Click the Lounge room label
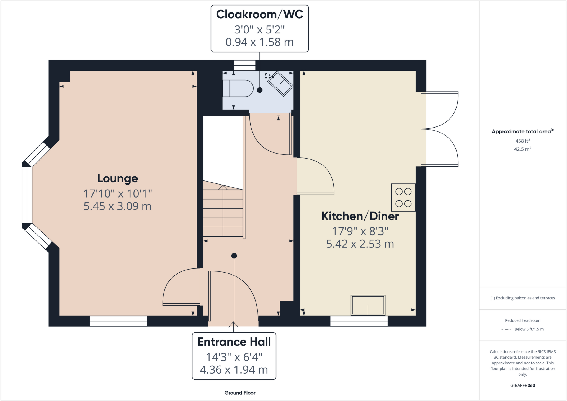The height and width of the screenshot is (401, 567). click(x=117, y=178)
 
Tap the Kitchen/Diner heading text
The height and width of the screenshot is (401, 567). click(x=360, y=216)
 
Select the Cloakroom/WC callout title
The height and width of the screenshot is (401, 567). click(x=259, y=14)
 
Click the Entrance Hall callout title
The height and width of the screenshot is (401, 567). click(x=234, y=342)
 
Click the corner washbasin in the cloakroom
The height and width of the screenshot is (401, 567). click(x=280, y=83)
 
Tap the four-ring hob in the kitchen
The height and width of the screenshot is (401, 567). click(x=403, y=198)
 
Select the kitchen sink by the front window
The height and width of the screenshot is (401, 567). click(x=368, y=305)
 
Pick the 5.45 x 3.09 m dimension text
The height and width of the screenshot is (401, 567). click(x=117, y=206)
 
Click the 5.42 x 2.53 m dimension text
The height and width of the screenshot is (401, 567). click(x=360, y=244)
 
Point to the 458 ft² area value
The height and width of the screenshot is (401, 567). click(x=522, y=141)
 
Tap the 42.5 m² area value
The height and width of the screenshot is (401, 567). click(x=522, y=149)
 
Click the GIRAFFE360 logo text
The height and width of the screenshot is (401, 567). click(x=522, y=386)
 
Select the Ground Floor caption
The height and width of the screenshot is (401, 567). click(x=240, y=393)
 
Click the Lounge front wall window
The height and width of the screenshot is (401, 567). click(x=118, y=321)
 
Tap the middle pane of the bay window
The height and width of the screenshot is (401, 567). click(x=27, y=195)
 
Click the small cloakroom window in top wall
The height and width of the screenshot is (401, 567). click(x=245, y=66)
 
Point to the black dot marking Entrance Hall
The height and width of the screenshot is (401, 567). click(x=234, y=256)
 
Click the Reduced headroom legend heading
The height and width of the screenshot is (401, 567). click(x=522, y=320)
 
